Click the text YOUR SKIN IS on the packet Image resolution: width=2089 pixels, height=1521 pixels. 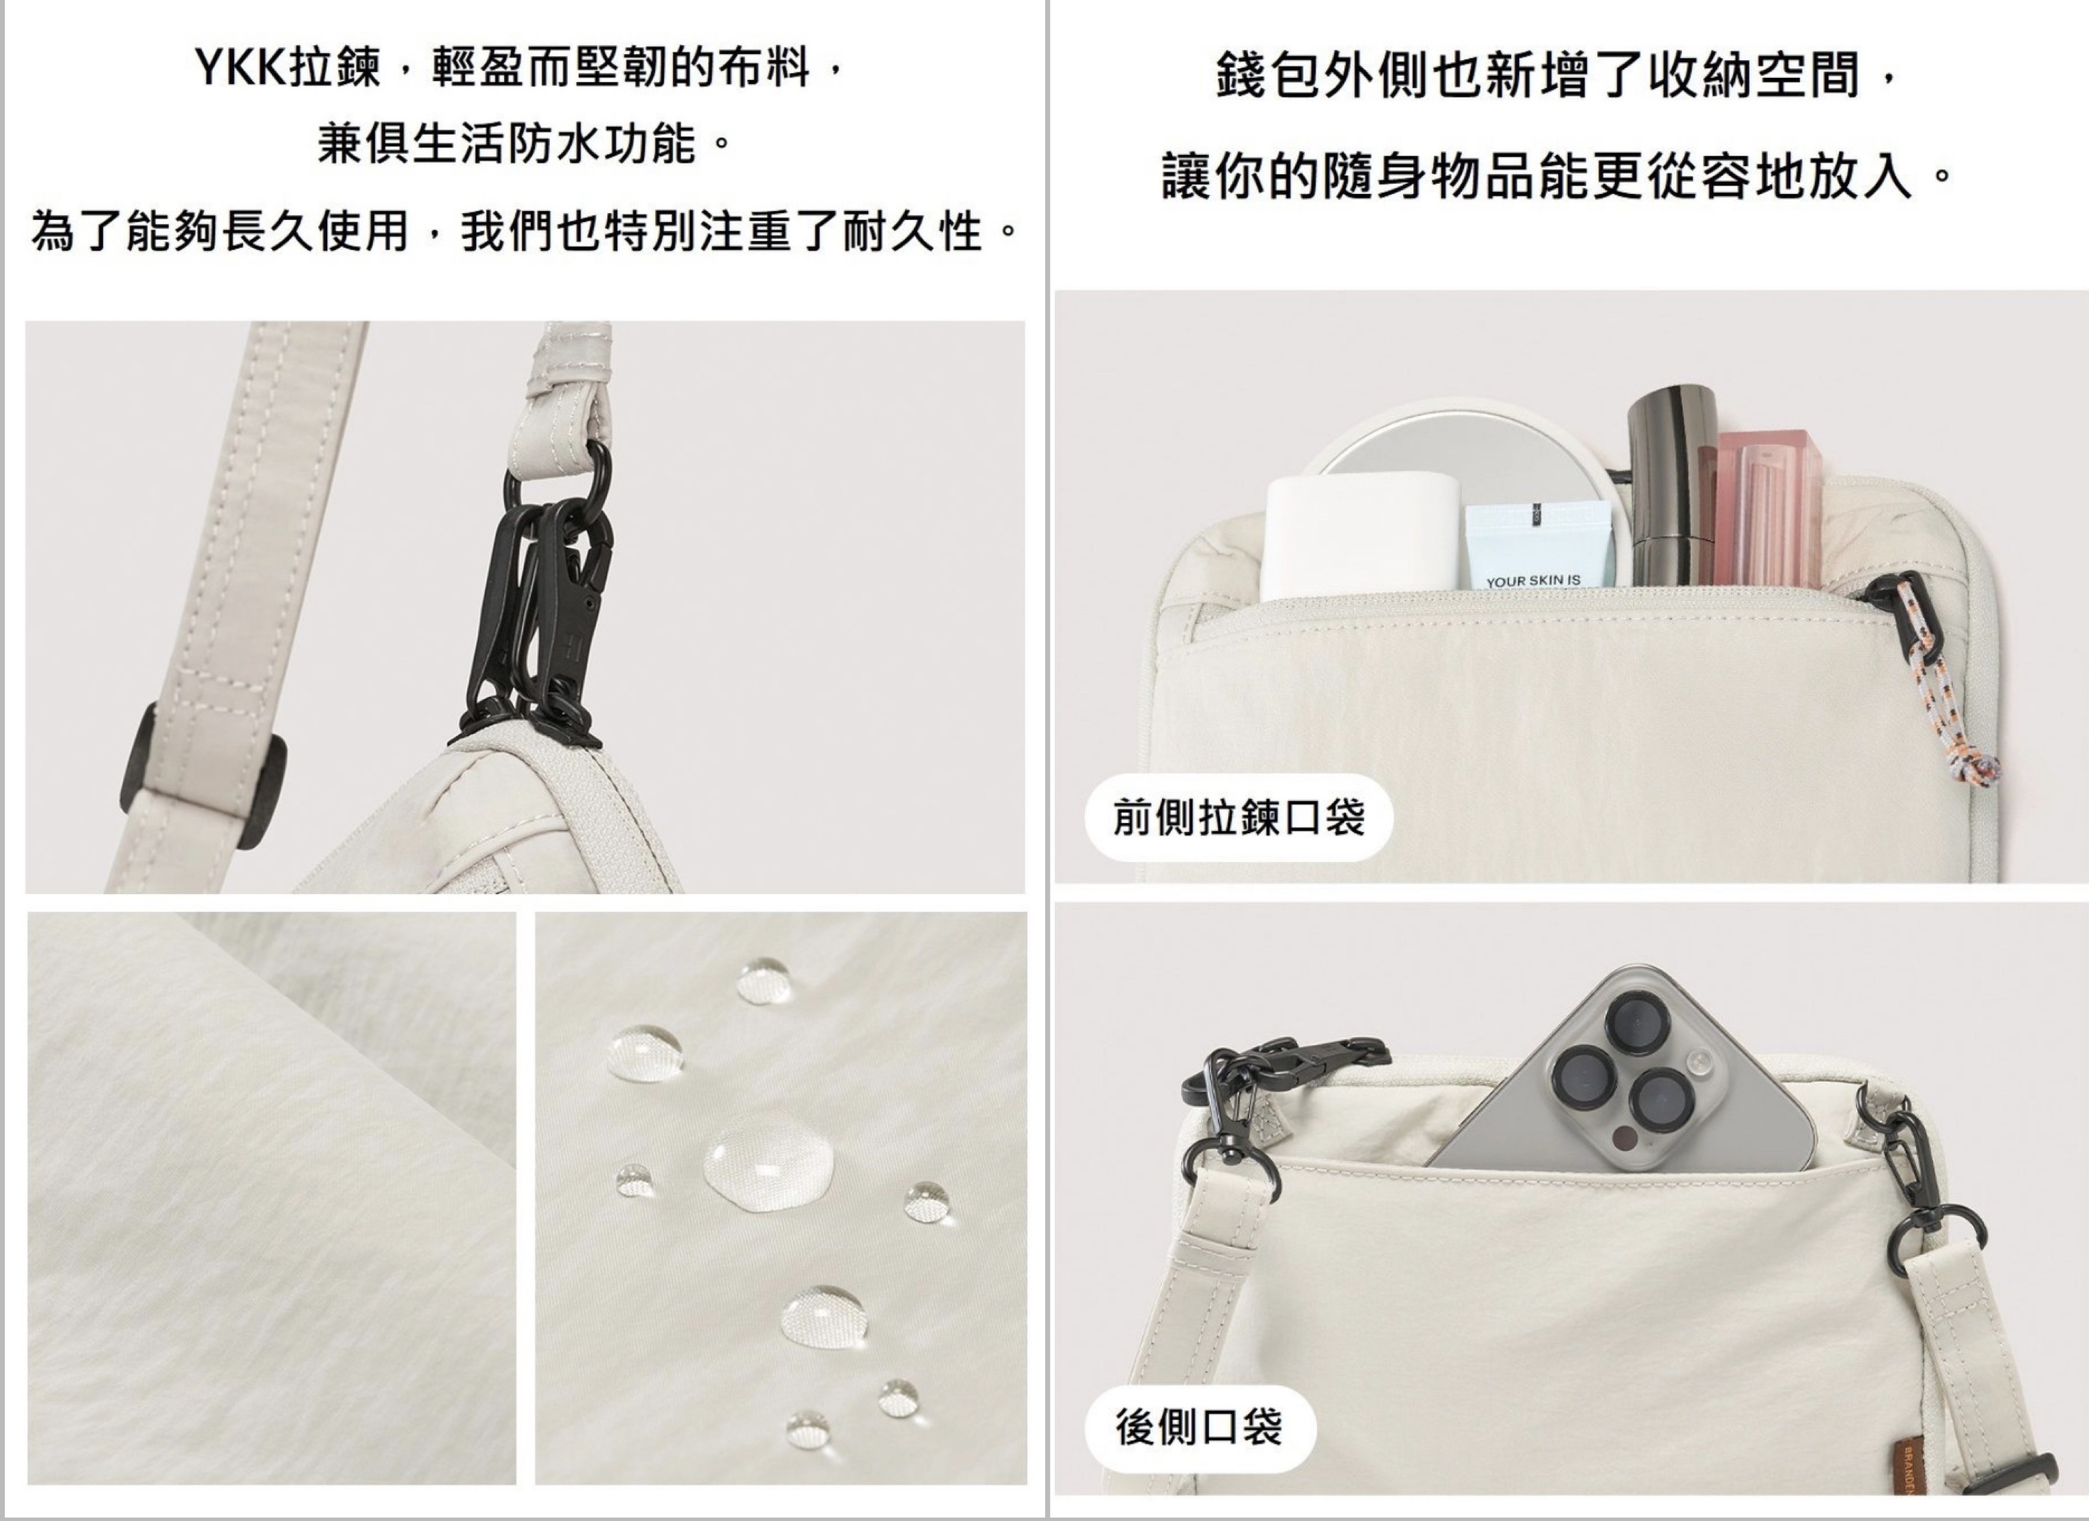[1534, 580]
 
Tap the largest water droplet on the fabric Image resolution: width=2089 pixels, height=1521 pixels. [769, 1162]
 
